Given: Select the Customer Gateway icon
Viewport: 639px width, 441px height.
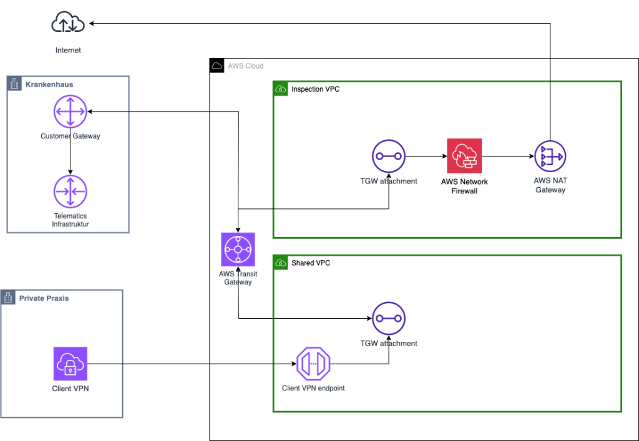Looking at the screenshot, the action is [70, 112].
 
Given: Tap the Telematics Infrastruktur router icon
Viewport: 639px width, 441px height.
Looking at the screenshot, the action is [70, 191].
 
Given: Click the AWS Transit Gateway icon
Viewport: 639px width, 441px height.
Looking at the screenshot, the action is [238, 250].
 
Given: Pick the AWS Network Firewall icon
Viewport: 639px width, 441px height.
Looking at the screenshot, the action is [464, 156].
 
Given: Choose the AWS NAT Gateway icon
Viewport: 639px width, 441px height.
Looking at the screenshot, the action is [550, 157].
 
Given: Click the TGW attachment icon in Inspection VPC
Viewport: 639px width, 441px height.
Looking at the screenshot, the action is [389, 157].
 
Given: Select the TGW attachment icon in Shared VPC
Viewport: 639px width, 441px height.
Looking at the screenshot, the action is [389, 319].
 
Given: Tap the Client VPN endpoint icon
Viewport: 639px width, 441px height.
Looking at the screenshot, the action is [313, 364].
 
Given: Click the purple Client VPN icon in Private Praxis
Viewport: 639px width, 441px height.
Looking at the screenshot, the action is [70, 364].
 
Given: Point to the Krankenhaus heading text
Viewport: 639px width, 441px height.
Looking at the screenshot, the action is [49, 84].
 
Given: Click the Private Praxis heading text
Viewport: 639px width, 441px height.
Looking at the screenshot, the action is [44, 298].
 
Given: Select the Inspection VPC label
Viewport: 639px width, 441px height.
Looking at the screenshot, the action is [315, 89].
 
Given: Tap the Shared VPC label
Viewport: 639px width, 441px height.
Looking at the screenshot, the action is [311, 263].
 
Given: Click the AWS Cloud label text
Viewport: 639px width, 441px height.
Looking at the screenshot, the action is [246, 66].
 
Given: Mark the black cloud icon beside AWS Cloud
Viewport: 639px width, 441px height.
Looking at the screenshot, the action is [217, 65].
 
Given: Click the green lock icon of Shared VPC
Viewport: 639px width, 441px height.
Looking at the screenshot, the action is [280, 263].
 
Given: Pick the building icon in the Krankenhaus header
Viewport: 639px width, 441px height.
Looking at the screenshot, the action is [14, 84].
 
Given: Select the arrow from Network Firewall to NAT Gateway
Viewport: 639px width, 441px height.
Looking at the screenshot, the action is [508, 156].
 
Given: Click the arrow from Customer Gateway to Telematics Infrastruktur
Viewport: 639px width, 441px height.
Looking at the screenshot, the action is [70, 152].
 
